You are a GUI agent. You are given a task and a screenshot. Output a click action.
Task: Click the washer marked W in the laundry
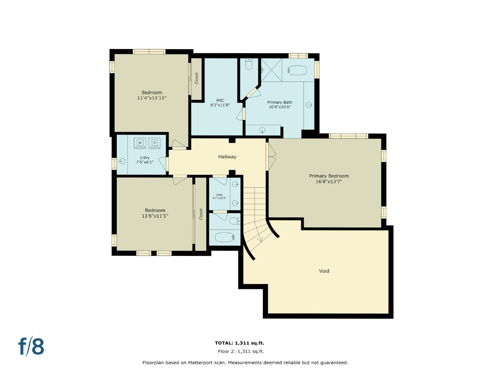coord(140,143)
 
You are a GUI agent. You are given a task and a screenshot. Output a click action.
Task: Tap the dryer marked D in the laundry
coord(154,143)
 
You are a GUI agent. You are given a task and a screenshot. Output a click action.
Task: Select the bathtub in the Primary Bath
coord(297,70)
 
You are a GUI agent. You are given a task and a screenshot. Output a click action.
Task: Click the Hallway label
coord(227,157)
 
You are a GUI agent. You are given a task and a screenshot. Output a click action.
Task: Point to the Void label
coord(324,271)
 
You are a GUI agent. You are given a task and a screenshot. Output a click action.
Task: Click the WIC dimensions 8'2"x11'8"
coord(220,105)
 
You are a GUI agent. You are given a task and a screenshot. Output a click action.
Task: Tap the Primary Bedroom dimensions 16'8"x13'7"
coord(329,182)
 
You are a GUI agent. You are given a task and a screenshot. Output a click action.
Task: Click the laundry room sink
coord(122,161)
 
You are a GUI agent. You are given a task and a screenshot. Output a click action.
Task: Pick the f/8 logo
coord(31,346)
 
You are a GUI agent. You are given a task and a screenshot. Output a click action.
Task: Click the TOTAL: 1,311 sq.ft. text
coord(239,343)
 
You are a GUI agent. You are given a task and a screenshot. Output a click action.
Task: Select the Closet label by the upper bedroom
coord(196,78)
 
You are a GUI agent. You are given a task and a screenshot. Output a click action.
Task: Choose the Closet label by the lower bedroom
coord(201,214)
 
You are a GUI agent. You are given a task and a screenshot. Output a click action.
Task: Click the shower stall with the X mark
coord(271,70)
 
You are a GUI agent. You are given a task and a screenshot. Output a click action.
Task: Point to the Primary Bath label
coord(280,102)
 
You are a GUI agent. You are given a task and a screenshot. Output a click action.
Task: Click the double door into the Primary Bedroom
coord(271,156)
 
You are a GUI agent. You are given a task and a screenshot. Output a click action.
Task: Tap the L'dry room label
coord(145,157)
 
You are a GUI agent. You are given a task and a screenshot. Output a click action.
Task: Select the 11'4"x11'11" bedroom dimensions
coord(152,98)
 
